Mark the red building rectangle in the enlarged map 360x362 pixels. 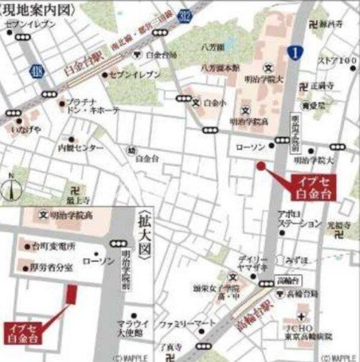click(72, 294)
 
